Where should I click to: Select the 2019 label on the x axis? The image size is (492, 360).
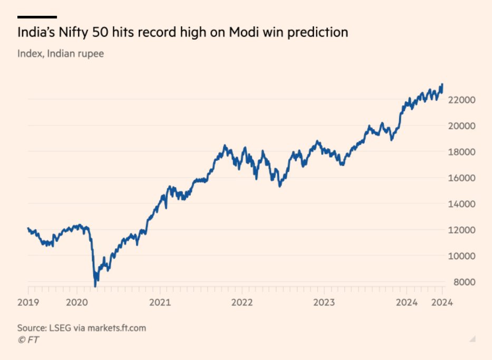(28, 303)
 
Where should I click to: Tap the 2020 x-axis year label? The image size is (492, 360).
(77, 303)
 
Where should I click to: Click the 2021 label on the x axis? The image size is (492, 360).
(160, 303)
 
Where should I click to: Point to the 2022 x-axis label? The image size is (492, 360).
(242, 303)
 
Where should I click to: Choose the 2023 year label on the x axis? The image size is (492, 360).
(325, 303)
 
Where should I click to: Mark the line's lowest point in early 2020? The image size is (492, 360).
(95, 286)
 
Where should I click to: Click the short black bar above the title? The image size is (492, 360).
(37, 17)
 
